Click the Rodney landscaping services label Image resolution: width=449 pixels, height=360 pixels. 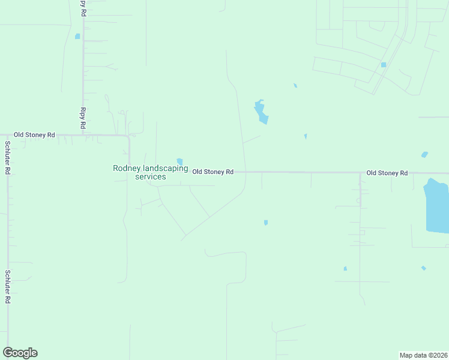(150, 172)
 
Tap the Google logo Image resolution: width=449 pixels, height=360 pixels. (20, 353)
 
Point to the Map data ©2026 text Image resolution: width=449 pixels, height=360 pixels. (423, 355)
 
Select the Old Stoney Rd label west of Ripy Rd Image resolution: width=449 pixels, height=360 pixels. (35, 135)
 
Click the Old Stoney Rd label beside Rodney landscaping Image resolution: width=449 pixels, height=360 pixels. (212, 172)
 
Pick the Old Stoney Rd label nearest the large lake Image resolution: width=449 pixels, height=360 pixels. (387, 173)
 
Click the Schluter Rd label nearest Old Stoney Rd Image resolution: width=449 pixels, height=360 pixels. (7, 157)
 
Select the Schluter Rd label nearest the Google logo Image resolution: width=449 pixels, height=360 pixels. (7, 286)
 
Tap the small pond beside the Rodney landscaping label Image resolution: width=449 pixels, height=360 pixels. (179, 161)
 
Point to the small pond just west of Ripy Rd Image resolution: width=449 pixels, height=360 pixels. (77, 37)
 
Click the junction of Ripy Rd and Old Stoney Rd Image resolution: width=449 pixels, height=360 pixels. (83, 136)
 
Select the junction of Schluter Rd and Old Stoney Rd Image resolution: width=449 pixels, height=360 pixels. (7, 136)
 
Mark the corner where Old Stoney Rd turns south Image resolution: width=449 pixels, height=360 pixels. (129, 137)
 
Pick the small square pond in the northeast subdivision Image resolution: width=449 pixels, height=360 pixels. (383, 65)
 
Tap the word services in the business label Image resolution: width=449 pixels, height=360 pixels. (150, 177)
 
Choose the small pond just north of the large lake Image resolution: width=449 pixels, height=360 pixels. (425, 155)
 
